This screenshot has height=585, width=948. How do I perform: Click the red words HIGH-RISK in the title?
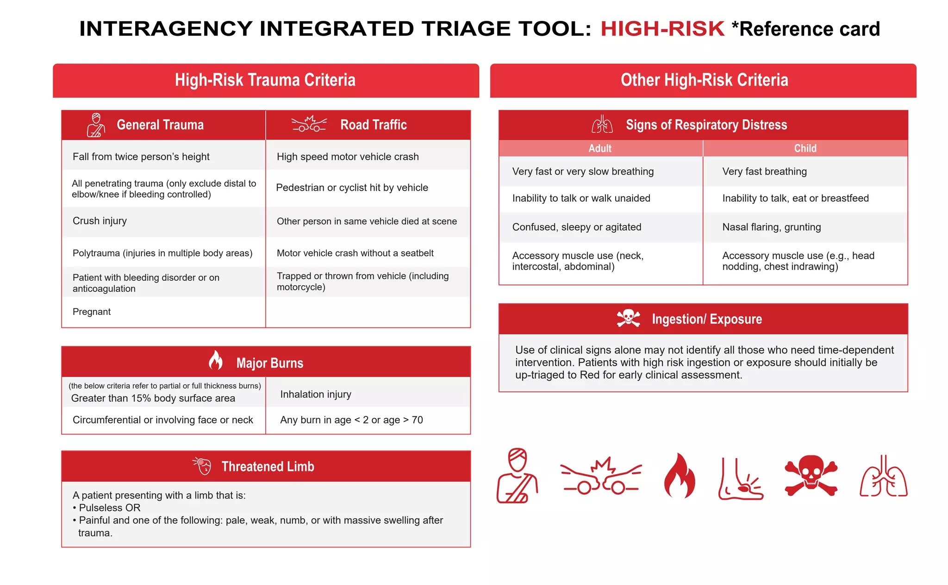pyautogui.click(x=662, y=29)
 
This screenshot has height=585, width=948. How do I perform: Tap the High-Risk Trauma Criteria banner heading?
pyautogui.click(x=265, y=80)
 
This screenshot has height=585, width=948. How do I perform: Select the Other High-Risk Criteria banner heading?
pyautogui.click(x=704, y=80)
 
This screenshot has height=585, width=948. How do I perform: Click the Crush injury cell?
pyautogui.click(x=100, y=221)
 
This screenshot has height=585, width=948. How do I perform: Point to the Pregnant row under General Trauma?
pyautogui.click(x=92, y=312)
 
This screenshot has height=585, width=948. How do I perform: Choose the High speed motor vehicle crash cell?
pyautogui.click(x=348, y=157)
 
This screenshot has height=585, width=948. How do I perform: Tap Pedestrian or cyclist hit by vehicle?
pyautogui.click(x=352, y=188)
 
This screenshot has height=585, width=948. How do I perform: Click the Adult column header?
pyautogui.click(x=600, y=148)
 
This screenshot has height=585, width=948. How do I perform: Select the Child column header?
pyautogui.click(x=805, y=148)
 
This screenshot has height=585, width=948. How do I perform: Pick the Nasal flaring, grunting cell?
pyautogui.click(x=772, y=227)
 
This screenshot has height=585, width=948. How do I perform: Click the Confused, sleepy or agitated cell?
pyautogui.click(x=577, y=227)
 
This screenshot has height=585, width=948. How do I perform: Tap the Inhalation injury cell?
pyautogui.click(x=316, y=394)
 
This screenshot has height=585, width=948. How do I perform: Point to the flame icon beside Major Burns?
pyautogui.click(x=215, y=360)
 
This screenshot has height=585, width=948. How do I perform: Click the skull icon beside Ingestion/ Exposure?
pyautogui.click(x=628, y=318)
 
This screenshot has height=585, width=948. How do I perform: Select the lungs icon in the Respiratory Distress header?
pyautogui.click(x=602, y=124)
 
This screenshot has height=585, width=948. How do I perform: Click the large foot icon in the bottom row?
pyautogui.click(x=740, y=479)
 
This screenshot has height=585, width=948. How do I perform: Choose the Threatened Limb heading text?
pyautogui.click(x=268, y=466)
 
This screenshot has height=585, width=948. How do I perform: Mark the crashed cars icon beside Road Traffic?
pyautogui.click(x=309, y=124)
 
